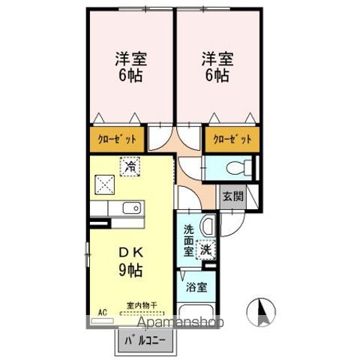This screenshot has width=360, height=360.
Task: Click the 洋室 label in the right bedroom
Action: point(214,58)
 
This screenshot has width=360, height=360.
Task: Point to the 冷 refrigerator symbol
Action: point(130,166)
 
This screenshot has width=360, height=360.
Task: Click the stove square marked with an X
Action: point(103,182)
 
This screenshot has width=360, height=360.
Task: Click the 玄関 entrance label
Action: point(232,196)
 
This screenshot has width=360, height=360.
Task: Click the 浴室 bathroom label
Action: point(197,286)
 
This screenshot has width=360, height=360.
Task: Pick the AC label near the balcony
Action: point(102,311)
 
